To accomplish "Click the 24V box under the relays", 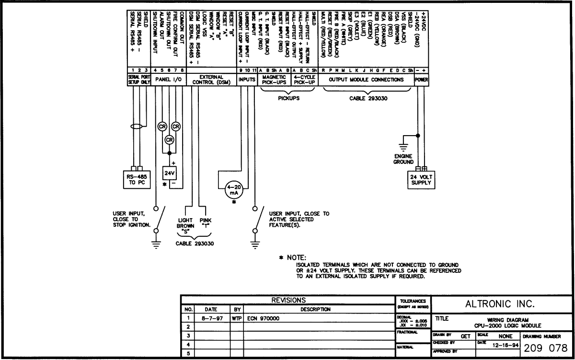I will click(169, 173).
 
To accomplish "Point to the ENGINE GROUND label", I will click(403, 159).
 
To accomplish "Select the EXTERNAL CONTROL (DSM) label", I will click(211, 80).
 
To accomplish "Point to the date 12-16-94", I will click(503, 345).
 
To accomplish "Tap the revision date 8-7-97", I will click(211, 318).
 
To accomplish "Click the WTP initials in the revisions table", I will click(237, 318).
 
